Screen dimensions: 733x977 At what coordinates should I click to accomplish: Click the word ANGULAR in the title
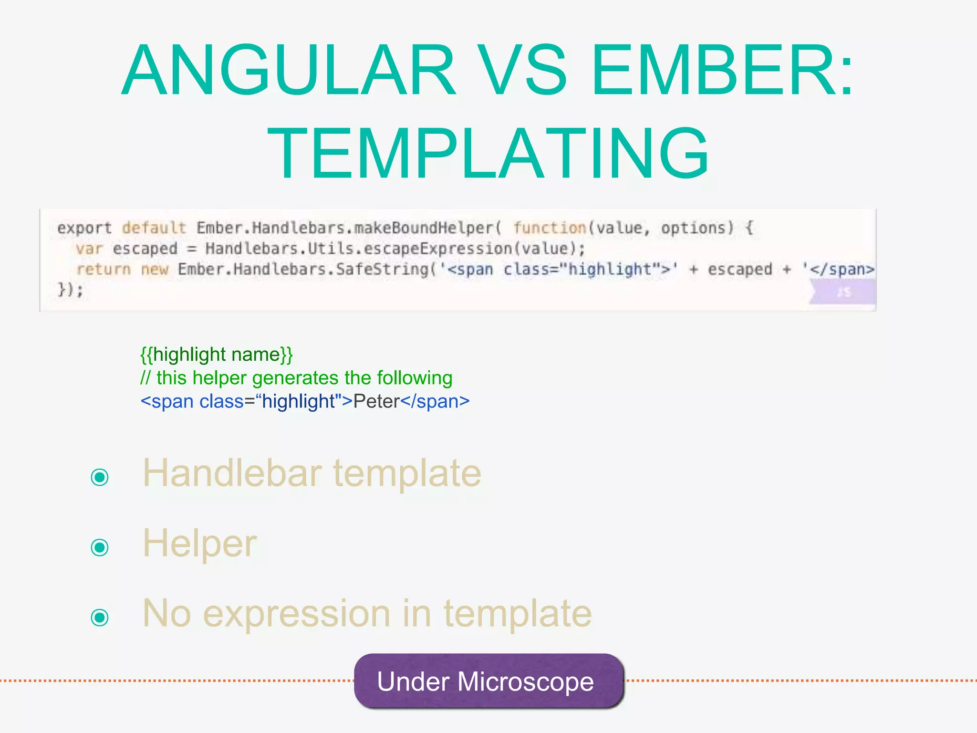click(289, 70)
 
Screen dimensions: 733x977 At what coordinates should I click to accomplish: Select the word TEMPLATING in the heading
click(488, 154)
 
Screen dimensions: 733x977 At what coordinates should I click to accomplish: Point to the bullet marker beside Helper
click(100, 547)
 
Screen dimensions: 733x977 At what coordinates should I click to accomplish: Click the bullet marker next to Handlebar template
click(100, 477)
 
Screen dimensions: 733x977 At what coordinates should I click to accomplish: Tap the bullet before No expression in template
click(100, 617)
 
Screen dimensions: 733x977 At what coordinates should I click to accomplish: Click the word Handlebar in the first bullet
click(232, 473)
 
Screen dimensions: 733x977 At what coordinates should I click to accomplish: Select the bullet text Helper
click(199, 544)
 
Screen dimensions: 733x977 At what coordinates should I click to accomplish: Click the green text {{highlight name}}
click(216, 355)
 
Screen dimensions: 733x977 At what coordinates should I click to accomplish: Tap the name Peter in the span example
click(376, 401)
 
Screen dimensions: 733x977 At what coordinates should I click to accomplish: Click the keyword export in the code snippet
click(84, 228)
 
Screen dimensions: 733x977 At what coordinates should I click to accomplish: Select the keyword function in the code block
click(549, 228)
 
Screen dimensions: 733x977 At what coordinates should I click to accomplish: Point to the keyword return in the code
click(104, 269)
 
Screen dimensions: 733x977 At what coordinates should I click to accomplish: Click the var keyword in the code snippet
click(89, 249)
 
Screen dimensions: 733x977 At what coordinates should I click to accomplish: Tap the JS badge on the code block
click(843, 292)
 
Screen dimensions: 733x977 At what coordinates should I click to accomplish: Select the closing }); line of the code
click(70, 290)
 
